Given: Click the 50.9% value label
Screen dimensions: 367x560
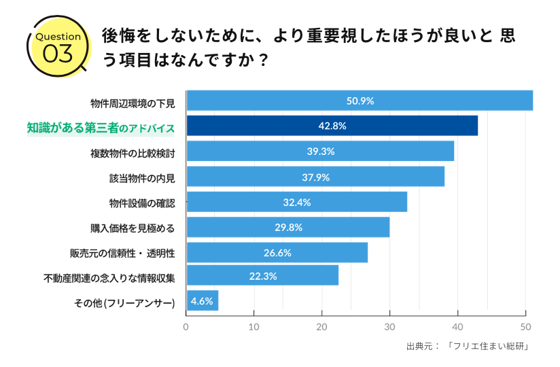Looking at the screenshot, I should click(360, 101).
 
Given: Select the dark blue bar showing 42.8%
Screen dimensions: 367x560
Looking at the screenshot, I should click(332, 126).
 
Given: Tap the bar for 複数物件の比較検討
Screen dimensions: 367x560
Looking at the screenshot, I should click(320, 151).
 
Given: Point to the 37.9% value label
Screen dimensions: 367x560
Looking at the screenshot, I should click(315, 177).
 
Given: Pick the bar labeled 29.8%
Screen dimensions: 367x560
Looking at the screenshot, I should click(287, 227).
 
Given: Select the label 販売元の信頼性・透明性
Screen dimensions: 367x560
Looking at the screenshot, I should click(122, 253).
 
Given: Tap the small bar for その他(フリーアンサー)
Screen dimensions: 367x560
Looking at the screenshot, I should click(202, 300).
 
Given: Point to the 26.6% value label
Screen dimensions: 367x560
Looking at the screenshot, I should click(277, 253).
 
